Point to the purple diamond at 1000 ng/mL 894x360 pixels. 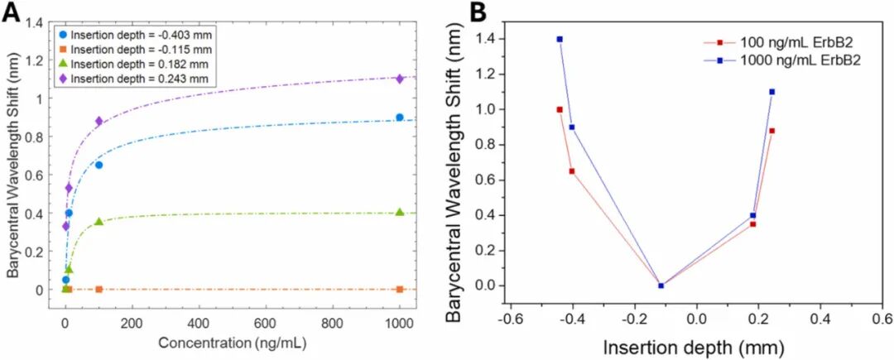[400, 79]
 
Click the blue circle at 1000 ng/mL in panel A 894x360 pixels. [400, 118]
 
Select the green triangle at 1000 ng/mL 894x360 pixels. [400, 212]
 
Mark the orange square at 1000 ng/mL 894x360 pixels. [400, 289]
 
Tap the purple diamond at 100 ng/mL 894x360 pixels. [99, 121]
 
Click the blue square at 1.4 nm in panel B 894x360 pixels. [560, 39]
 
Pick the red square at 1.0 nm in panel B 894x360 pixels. [560, 109]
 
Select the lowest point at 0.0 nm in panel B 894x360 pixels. [661, 286]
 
